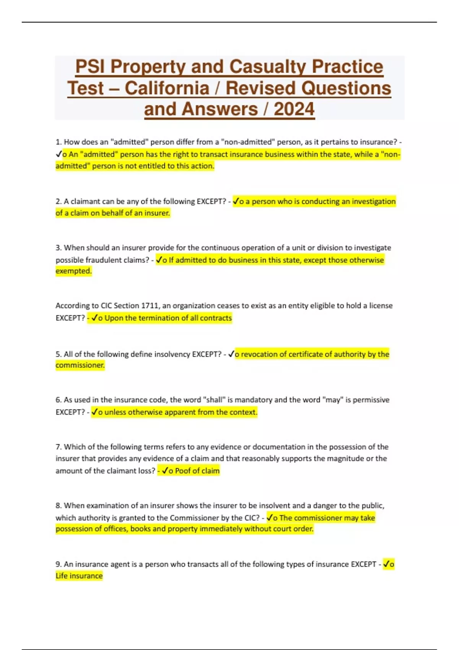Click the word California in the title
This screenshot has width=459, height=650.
(x=167, y=88)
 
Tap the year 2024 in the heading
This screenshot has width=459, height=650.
(x=294, y=109)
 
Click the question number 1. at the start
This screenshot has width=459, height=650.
(x=59, y=142)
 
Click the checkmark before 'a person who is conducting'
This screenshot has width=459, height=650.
(x=236, y=201)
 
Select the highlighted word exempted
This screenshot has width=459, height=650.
(x=73, y=271)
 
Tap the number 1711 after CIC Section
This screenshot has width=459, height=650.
(x=150, y=305)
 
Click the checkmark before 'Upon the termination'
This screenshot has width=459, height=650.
(x=94, y=318)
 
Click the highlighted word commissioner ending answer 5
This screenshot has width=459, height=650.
(x=80, y=365)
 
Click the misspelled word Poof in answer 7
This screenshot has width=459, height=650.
(x=183, y=471)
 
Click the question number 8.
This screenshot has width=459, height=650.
(x=59, y=505)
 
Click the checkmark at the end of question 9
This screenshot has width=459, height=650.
(x=387, y=564)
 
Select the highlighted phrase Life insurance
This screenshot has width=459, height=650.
(x=79, y=576)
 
